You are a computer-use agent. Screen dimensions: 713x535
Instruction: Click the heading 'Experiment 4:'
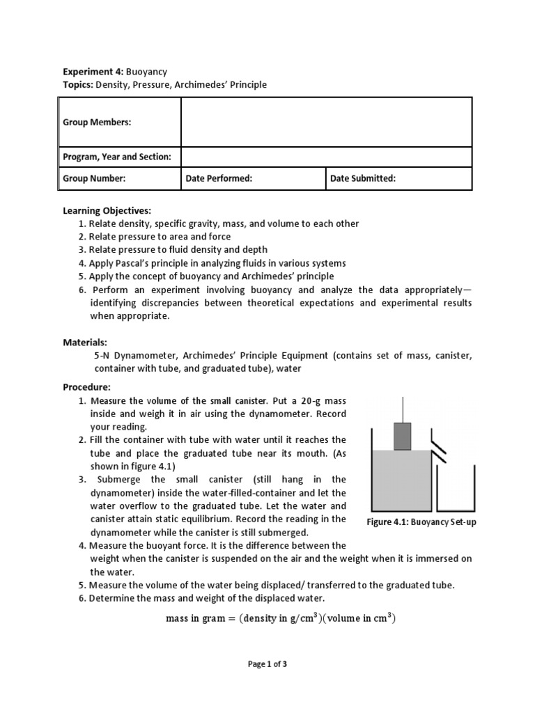pyautogui.click(x=93, y=71)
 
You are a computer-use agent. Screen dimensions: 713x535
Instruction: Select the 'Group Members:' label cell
pyautogui.click(x=97, y=122)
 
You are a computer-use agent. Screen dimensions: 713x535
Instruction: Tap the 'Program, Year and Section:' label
pyautogui.click(x=117, y=157)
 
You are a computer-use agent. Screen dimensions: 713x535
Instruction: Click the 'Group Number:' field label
pyautogui.click(x=94, y=178)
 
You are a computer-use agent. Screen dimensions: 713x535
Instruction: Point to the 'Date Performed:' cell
pyautogui.click(x=219, y=178)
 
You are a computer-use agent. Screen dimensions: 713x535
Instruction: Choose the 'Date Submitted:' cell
pyautogui.click(x=363, y=178)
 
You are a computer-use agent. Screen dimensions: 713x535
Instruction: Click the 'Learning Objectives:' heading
pyautogui.click(x=107, y=210)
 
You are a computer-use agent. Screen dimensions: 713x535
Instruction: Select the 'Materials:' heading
pyautogui.click(x=85, y=343)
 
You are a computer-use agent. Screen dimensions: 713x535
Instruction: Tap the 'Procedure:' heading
pyautogui.click(x=87, y=387)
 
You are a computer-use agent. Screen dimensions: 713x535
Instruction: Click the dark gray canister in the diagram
pyautogui.click(x=402, y=435)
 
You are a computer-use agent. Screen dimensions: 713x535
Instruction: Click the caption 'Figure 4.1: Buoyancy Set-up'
pyautogui.click(x=421, y=522)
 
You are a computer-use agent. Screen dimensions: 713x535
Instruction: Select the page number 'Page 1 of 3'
pyautogui.click(x=267, y=664)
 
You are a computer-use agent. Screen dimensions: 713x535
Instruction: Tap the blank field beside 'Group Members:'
pyautogui.click(x=326, y=122)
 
